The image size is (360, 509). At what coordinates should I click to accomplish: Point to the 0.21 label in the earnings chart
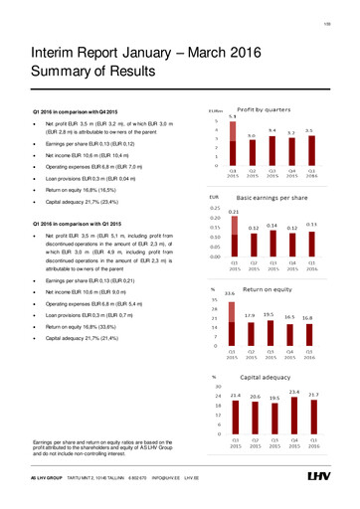(233, 212)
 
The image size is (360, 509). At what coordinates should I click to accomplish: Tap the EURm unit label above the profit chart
(214, 109)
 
